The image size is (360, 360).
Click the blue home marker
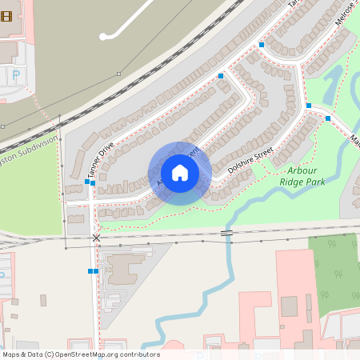click(180, 173)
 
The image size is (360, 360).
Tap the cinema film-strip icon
click(6, 16)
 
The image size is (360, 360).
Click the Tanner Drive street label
click(101, 159)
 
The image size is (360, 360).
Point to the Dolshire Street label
click(250, 160)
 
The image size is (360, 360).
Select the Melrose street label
click(345, 14)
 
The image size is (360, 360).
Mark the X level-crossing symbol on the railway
click(97, 238)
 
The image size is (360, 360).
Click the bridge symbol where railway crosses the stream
click(227, 233)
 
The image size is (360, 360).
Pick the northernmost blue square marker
click(262, 45)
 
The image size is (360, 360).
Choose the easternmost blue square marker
click(328, 118)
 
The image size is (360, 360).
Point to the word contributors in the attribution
click(138, 354)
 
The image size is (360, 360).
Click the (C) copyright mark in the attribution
click(50, 354)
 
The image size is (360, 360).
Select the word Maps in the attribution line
click(11, 354)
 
